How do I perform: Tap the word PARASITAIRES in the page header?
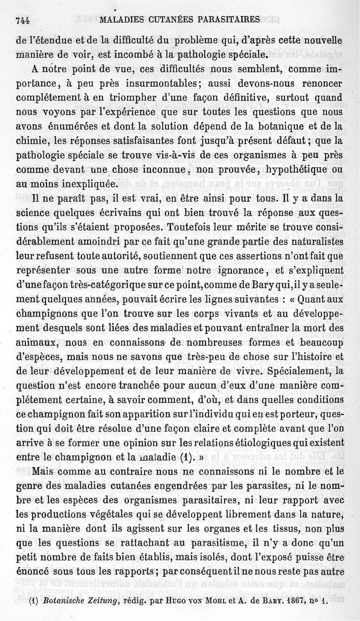[x=231, y=20]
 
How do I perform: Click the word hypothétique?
[x=301, y=170]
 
